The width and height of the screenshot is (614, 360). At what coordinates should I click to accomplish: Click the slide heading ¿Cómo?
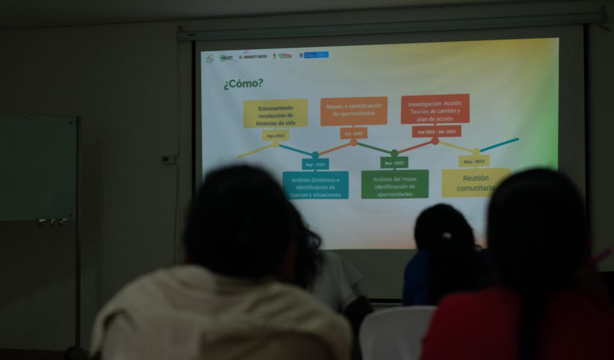[x=243, y=84]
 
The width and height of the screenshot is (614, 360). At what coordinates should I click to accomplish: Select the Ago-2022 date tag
[x=275, y=136]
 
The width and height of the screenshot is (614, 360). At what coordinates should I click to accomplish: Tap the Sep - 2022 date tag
[x=315, y=164]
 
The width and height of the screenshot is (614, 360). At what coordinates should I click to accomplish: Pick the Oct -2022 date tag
[x=353, y=133]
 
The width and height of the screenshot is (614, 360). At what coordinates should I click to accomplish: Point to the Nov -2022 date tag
[x=394, y=163]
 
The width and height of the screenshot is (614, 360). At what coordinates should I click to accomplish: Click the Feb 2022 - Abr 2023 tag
[x=436, y=131]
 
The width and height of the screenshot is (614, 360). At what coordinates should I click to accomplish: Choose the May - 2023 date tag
[x=474, y=161]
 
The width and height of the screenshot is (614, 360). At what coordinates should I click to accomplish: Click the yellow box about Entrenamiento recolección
[x=275, y=113]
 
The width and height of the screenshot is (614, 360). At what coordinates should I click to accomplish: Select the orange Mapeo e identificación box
[x=353, y=111]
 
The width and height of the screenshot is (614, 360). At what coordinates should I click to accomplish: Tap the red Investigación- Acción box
[x=435, y=109]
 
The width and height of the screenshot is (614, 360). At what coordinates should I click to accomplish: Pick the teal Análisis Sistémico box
[x=315, y=185]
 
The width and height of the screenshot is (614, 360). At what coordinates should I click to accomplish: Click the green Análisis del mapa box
[x=395, y=184]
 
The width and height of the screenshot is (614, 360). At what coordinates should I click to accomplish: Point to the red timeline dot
[x=435, y=142]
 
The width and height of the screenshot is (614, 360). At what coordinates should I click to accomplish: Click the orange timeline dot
[x=354, y=143]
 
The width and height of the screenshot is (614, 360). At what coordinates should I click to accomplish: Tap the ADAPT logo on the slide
[x=226, y=58]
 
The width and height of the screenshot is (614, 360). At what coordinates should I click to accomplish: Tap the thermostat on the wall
[x=167, y=159]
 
